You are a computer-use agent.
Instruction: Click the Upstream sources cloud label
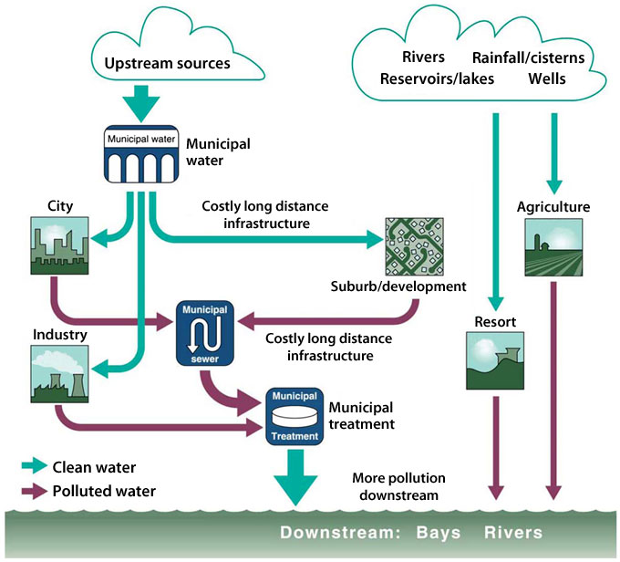(166, 65)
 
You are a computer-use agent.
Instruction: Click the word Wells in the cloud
(547, 78)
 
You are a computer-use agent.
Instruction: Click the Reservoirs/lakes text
(437, 78)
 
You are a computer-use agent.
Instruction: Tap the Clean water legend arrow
(34, 467)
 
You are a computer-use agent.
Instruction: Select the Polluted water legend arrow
(34, 491)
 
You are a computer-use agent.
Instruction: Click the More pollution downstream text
(397, 486)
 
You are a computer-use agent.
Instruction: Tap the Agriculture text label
(553, 207)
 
